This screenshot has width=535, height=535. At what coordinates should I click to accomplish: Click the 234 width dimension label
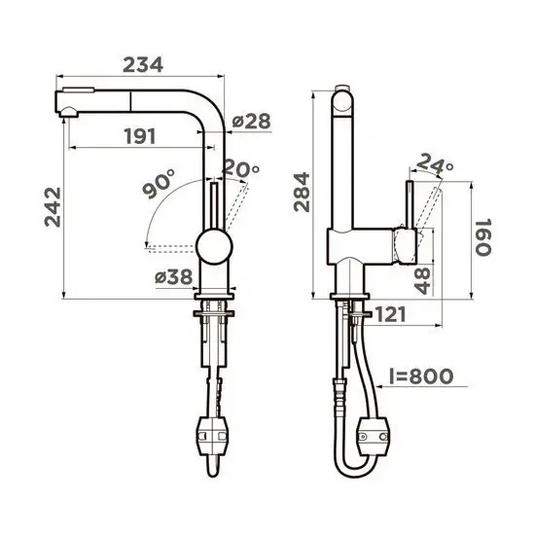pyautogui.click(x=140, y=64)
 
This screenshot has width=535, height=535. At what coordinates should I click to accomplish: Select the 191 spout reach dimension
pyautogui.click(x=140, y=136)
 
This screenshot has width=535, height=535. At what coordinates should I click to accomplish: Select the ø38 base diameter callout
pyautogui.click(x=174, y=276)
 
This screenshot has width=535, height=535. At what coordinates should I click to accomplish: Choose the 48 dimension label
pyautogui.click(x=420, y=282)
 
